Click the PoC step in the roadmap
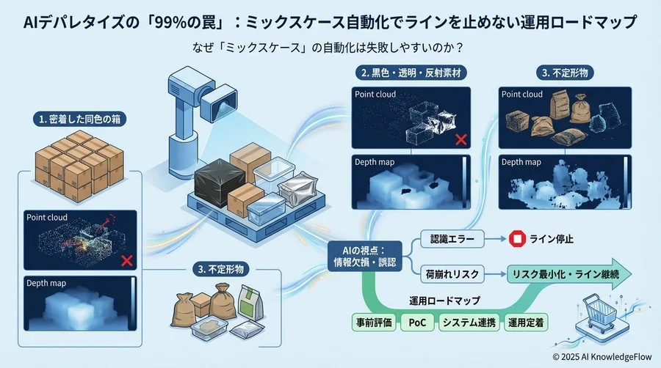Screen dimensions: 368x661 (416, 323)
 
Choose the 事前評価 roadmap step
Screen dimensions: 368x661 (372, 323)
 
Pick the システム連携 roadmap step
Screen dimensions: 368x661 (467, 323)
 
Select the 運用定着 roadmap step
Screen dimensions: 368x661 (527, 323)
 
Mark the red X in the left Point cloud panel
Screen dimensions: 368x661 (126, 260)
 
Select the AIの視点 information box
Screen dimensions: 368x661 (365, 257)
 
